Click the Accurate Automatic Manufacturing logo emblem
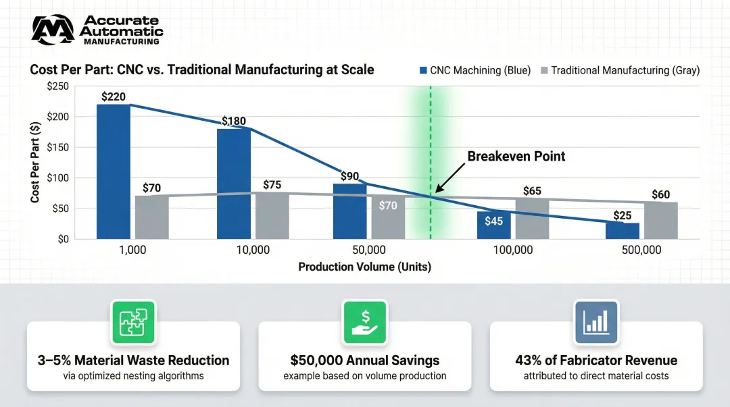(53, 30)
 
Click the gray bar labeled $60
(660, 221)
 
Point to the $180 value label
(234, 121)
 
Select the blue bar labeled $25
(622, 231)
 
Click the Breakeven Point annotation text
(516, 156)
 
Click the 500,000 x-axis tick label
(641, 250)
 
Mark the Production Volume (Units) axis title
(364, 267)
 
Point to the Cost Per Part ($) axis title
(34, 163)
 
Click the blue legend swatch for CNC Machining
(423, 70)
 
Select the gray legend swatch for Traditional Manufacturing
(544, 70)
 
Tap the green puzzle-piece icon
(133, 322)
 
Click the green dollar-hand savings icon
(364, 322)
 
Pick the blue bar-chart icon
(595, 322)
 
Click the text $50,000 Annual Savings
(365, 360)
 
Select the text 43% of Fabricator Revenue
(596, 360)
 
